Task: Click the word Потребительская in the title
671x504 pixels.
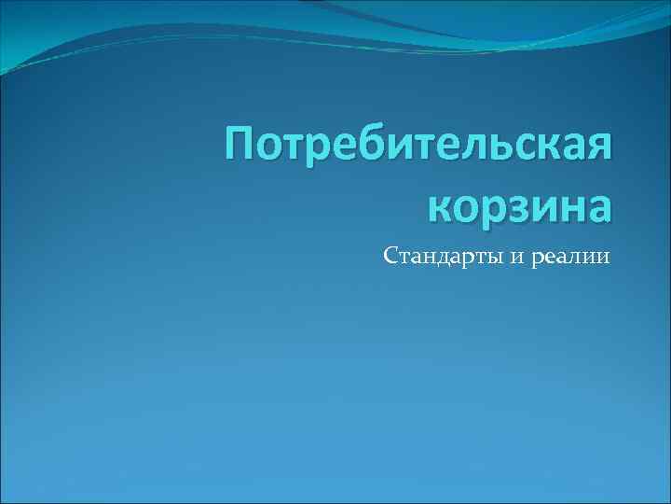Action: point(419,149)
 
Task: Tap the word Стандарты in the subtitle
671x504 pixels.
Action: point(444,256)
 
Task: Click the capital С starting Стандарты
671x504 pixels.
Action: point(390,255)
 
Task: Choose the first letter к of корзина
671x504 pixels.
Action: point(442,207)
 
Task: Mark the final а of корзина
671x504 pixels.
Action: point(597,207)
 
